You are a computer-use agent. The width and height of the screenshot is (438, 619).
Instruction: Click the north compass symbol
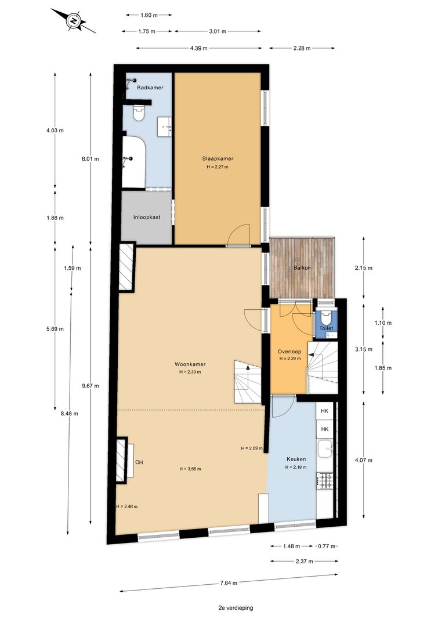pos(74,20)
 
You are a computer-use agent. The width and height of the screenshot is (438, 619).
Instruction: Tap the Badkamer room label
pos(150,88)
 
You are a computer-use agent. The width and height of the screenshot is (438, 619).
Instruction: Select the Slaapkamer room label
pos(218,159)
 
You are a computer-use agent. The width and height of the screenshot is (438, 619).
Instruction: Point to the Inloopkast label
pos(147,217)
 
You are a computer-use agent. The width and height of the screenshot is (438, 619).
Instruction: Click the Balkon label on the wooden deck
pos(302,267)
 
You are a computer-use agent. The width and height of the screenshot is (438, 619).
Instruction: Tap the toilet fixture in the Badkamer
pos(139,113)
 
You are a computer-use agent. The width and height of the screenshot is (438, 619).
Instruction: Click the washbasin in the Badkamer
pos(165,126)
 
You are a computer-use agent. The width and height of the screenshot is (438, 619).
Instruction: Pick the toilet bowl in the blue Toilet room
pos(326,317)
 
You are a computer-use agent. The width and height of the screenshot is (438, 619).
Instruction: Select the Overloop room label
pos(289,352)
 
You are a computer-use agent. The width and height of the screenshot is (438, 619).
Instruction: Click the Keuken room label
pos(296,459)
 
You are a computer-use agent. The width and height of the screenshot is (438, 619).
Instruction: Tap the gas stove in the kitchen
pos(325,481)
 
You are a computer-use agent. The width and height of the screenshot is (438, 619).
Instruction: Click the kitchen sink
pos(325,448)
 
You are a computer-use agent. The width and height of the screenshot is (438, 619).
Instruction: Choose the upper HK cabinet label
pos(325,411)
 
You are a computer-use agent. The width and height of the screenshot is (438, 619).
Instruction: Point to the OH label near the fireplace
pos(139,462)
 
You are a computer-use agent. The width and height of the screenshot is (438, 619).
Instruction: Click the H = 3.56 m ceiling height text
pos(190,469)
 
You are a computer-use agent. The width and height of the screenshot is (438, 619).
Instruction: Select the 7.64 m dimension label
pos(229,582)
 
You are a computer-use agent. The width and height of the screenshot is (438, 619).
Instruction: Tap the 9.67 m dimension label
pos(91,386)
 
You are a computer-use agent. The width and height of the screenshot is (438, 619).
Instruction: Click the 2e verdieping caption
pos(236,608)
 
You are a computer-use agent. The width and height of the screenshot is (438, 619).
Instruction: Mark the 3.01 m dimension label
pos(218,31)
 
